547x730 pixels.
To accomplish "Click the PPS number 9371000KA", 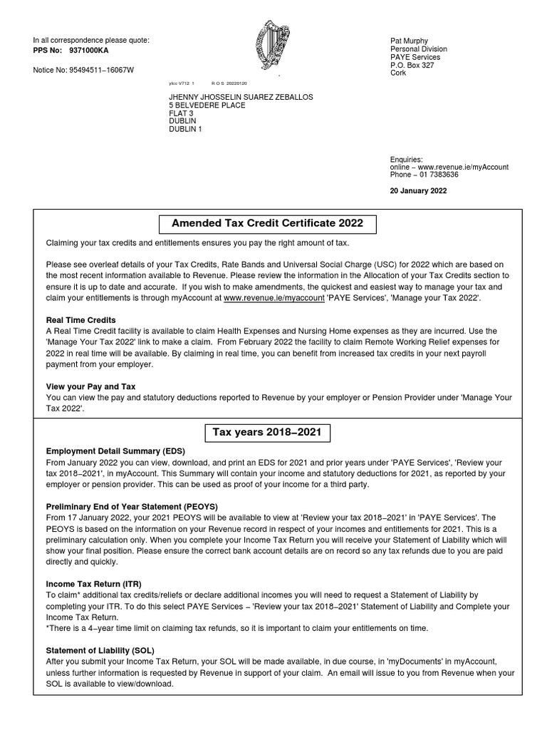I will point(89,51).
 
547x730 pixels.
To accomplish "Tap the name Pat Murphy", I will point(410,41).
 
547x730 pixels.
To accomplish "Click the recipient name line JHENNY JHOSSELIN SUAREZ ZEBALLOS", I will point(241,97).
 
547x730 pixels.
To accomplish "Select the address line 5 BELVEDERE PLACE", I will point(207,106).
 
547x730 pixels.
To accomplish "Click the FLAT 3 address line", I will point(181,113).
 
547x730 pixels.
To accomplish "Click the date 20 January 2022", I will point(419,191).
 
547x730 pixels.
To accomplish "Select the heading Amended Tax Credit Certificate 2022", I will point(267,223).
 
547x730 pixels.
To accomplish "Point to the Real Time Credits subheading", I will point(80,320).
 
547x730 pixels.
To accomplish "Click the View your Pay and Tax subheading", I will point(90,386).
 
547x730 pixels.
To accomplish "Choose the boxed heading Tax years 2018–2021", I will point(267,432).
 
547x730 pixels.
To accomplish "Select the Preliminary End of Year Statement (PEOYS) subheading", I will point(132,507).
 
